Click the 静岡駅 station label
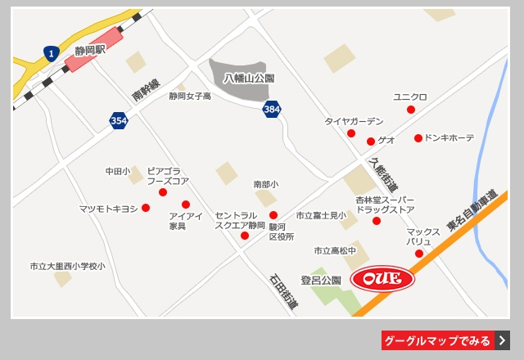click(x=90, y=51)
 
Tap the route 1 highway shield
click(x=52, y=54)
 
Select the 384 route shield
click(x=272, y=109)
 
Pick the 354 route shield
click(x=119, y=121)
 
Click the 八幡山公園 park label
click(x=249, y=79)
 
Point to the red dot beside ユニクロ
click(x=411, y=110)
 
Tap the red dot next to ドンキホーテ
click(x=418, y=138)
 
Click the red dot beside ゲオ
click(x=371, y=142)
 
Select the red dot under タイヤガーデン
click(x=351, y=133)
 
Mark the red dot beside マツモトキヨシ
click(x=146, y=208)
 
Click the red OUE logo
click(x=382, y=279)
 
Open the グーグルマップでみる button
click(x=445, y=340)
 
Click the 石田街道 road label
click(x=283, y=291)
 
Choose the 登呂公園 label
click(x=320, y=281)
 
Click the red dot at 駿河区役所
click(x=273, y=215)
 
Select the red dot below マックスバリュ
click(x=419, y=254)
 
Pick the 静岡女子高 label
click(x=190, y=97)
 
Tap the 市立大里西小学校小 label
click(x=68, y=266)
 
